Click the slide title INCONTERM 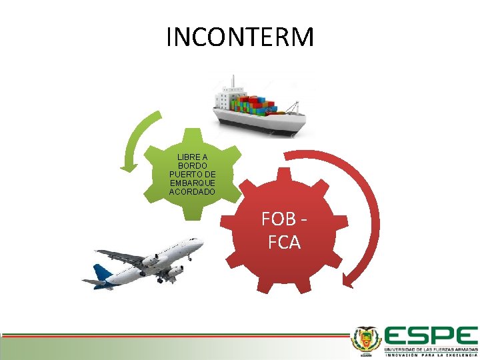click(240, 37)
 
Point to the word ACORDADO click(193, 192)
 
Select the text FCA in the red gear click(285, 242)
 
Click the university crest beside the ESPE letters click(366, 341)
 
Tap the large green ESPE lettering click(430, 335)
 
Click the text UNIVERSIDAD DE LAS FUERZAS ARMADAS click(430, 348)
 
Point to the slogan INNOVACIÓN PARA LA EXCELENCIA click(430, 355)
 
